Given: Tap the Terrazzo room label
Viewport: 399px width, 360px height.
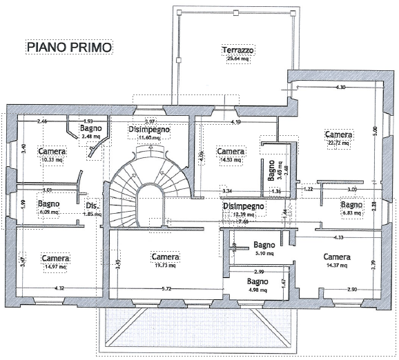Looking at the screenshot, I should point(239,50).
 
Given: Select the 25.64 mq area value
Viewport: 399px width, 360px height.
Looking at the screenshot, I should point(239,59).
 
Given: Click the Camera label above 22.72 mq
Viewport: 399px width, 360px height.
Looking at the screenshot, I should point(339,134).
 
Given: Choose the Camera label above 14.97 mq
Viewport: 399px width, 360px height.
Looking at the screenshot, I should point(55,259).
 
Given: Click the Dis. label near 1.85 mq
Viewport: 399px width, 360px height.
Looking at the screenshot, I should point(92,206).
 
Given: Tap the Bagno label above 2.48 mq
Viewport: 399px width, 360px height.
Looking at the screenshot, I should point(91,128).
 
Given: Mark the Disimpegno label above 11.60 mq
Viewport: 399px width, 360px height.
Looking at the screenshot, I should point(148,130).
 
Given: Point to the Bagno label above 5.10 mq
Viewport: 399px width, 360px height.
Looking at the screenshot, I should point(265,245).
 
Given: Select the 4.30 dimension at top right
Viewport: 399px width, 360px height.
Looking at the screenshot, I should point(340,88).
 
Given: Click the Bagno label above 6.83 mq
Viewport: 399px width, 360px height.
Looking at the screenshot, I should point(351,205).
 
